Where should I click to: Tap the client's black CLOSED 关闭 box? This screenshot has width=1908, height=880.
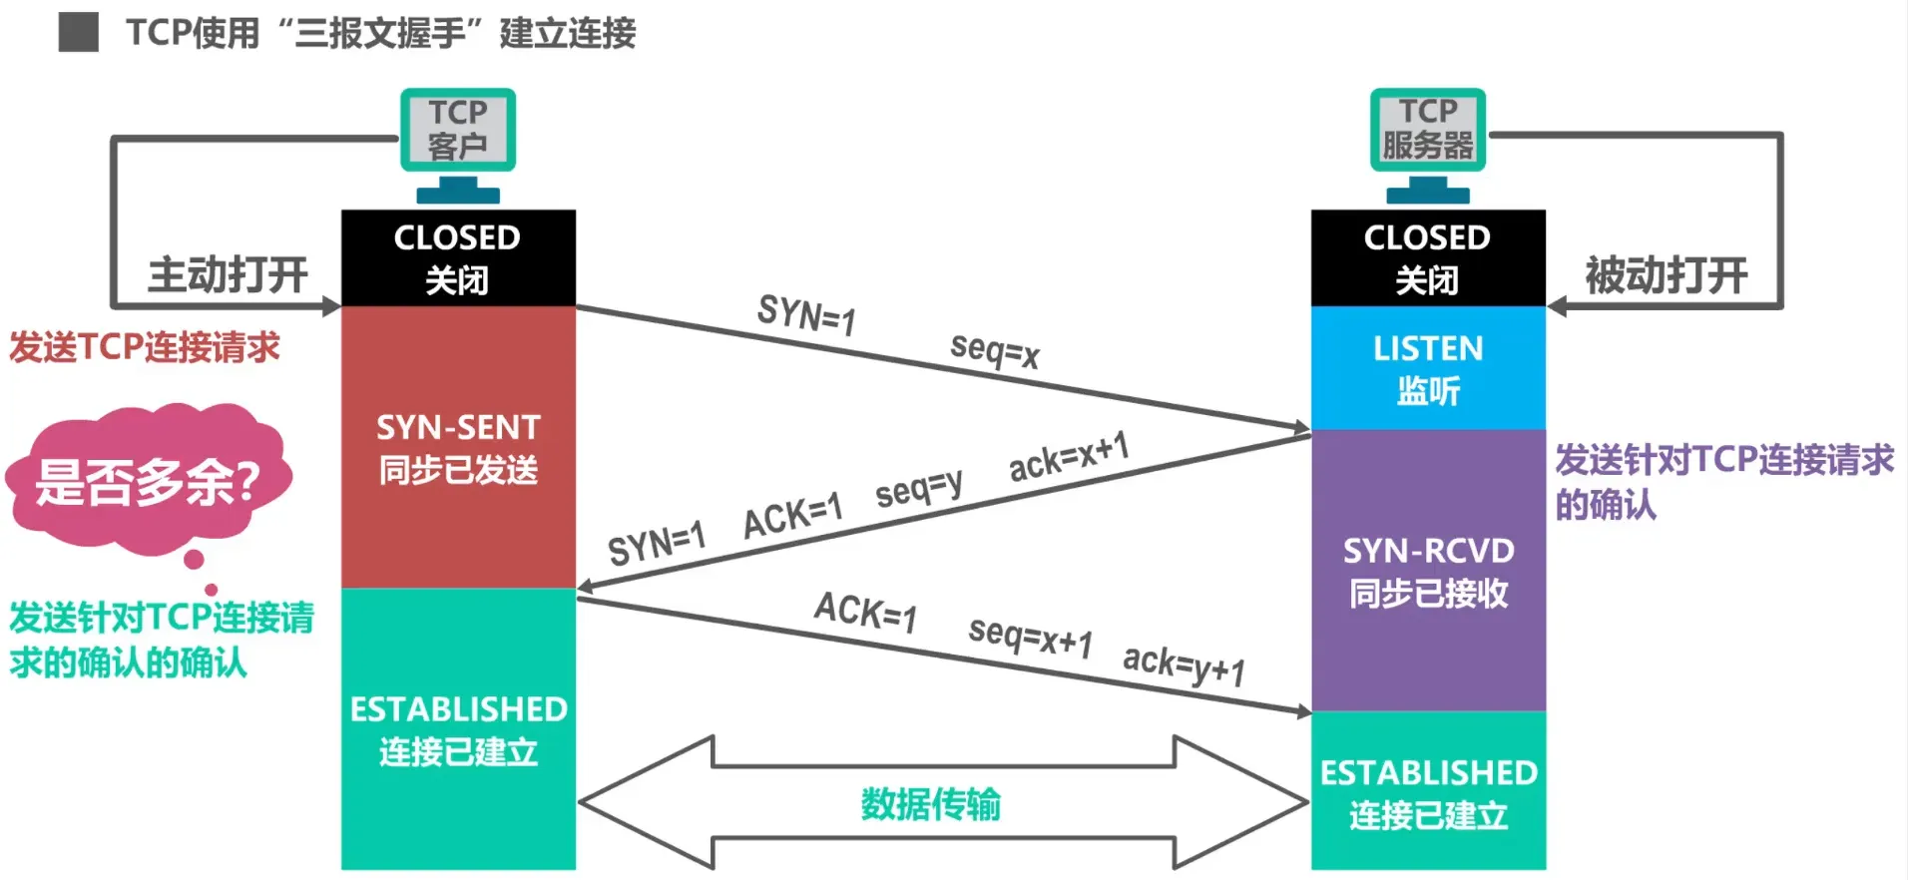click(x=458, y=257)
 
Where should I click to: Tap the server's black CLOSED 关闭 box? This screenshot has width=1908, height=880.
click(x=1427, y=257)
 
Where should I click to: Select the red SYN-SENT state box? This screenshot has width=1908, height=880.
click(x=458, y=447)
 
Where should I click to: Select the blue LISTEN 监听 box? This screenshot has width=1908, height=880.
click(x=1427, y=368)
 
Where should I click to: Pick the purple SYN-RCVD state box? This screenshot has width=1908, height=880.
click(x=1427, y=571)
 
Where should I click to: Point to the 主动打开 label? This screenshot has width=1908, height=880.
click(x=228, y=274)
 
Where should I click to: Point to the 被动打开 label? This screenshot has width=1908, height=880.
click(x=1667, y=274)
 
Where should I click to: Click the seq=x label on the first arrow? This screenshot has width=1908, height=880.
click(x=995, y=350)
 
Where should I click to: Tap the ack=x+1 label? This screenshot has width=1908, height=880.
click(x=1069, y=457)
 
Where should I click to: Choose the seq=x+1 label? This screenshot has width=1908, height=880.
click(x=1031, y=636)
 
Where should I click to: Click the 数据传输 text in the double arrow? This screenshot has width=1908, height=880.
click(x=930, y=803)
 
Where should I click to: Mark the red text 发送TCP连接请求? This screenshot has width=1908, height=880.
click(x=145, y=347)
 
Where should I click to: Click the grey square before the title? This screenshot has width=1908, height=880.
click(x=78, y=32)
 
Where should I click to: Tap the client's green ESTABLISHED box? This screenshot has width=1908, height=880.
click(x=458, y=729)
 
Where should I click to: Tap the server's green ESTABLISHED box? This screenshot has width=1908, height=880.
click(x=1427, y=792)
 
